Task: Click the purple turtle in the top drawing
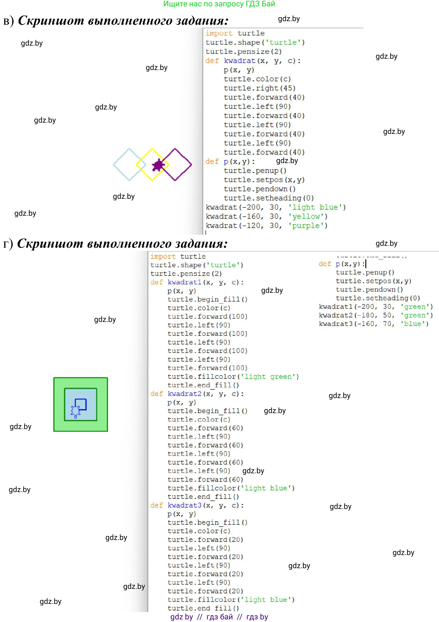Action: coord(158,165)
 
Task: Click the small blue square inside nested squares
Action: coord(81,404)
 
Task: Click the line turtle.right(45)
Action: coord(260,88)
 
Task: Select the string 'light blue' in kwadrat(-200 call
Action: coord(317,207)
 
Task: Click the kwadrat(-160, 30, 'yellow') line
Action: coord(267,216)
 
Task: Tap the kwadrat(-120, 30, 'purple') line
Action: coord(267,226)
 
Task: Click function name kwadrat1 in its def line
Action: coord(184,282)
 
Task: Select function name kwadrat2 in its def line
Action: coord(184,394)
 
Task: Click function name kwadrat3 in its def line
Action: coord(184,505)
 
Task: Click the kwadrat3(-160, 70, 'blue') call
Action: coord(374,324)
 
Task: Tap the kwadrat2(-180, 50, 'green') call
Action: coord(376,315)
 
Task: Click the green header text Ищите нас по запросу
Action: coord(219,4)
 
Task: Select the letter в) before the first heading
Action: coord(8,21)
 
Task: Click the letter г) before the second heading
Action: coord(8,244)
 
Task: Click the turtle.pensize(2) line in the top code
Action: coord(244,51)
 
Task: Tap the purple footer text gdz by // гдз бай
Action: coord(219,617)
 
